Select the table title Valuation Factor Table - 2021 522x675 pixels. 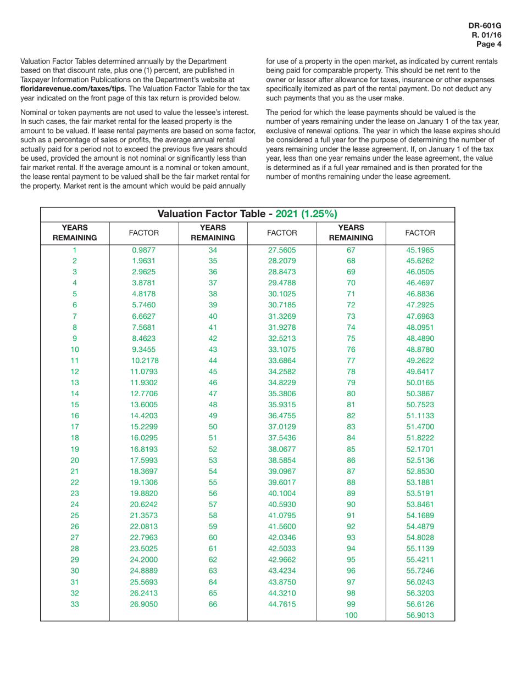click(x=247, y=214)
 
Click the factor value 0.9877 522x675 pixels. click(x=144, y=250)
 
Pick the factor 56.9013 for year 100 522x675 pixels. click(x=420, y=615)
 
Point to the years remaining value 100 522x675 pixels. click(x=351, y=615)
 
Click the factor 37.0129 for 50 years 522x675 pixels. click(x=282, y=426)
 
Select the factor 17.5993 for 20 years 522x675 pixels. click(x=144, y=460)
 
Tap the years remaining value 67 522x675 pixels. click(x=351, y=250)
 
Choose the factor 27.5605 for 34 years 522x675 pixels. click(x=282, y=250)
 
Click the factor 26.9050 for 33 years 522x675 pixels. click(x=144, y=604)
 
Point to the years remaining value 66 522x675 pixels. click(x=213, y=604)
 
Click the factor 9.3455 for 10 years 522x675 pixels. click(x=144, y=350)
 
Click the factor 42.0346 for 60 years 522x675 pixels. click(x=282, y=537)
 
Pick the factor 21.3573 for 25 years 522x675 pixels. click(x=144, y=515)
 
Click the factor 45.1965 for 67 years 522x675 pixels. click(x=420, y=250)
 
